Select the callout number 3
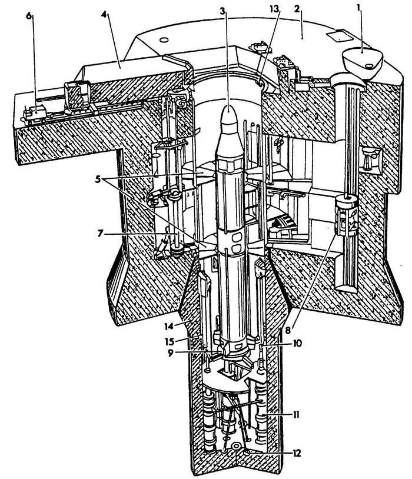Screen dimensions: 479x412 point(221,10)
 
